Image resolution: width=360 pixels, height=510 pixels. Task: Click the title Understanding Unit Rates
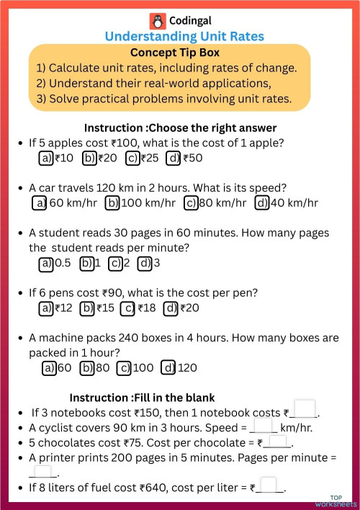point(184,36)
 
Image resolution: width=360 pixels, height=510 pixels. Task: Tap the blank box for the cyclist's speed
point(264,426)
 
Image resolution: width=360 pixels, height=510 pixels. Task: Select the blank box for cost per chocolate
point(278,441)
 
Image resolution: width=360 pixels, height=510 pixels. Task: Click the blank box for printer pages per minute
point(43,472)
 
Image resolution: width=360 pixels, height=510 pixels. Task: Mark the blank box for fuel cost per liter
point(269,486)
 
